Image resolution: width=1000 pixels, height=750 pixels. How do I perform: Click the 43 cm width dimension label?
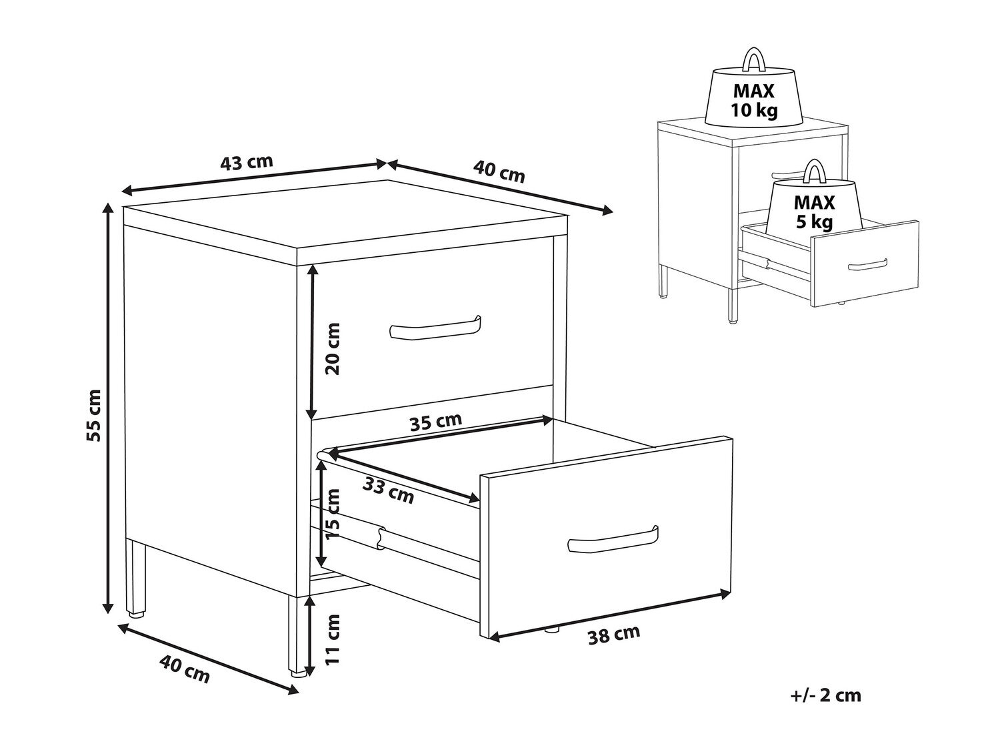tap(247, 162)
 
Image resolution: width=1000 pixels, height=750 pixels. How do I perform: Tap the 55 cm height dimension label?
tap(94, 415)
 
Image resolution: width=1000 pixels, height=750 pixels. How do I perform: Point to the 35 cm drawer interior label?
tap(436, 421)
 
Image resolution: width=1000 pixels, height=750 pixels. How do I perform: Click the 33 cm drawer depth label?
tap(388, 490)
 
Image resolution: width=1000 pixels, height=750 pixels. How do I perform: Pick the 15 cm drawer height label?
tap(333, 514)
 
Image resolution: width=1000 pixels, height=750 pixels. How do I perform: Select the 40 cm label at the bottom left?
tap(185, 669)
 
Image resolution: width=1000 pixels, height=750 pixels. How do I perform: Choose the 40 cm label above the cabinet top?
tap(499, 171)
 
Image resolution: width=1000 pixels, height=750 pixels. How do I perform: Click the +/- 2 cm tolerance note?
tap(825, 695)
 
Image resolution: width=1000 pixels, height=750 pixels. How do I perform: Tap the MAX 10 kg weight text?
tap(754, 101)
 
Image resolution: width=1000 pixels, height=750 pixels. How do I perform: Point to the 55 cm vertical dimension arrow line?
tap(108, 409)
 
